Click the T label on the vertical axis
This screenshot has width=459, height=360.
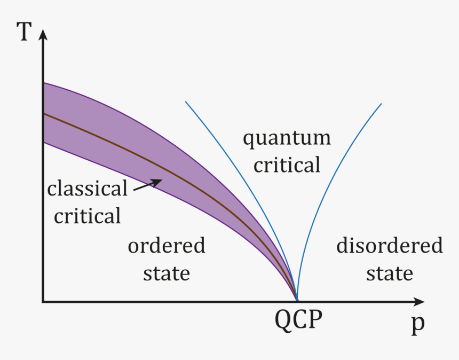pos(23,32)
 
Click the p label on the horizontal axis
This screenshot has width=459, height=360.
pos(417,325)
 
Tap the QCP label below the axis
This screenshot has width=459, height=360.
pos(299,320)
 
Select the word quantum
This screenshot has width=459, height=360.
pos(287,139)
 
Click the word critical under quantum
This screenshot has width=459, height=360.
pos(287,165)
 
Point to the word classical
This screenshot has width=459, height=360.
pos(87,189)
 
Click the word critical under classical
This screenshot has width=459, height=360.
pos(87,216)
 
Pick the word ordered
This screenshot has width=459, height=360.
pos(167,246)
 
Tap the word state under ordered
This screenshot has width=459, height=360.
pos(167,273)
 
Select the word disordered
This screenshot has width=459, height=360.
pos(390,246)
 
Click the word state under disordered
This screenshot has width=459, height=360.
pos(390,273)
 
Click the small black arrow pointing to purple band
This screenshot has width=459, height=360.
pos(147,185)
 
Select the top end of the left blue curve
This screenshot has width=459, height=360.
pos(186,102)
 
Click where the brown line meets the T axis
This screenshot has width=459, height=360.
pos(44,113)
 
